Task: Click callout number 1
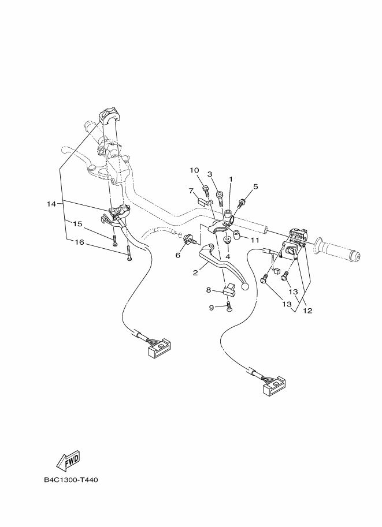pos(231,180)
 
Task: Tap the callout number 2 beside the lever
pos(196,272)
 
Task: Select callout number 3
pos(210,174)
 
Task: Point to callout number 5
pos(255,186)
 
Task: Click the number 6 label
pos(178,255)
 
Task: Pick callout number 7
pos(190,190)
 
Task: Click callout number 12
pos(307,311)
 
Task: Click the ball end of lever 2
pos(246,286)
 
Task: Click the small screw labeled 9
pos(230,309)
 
